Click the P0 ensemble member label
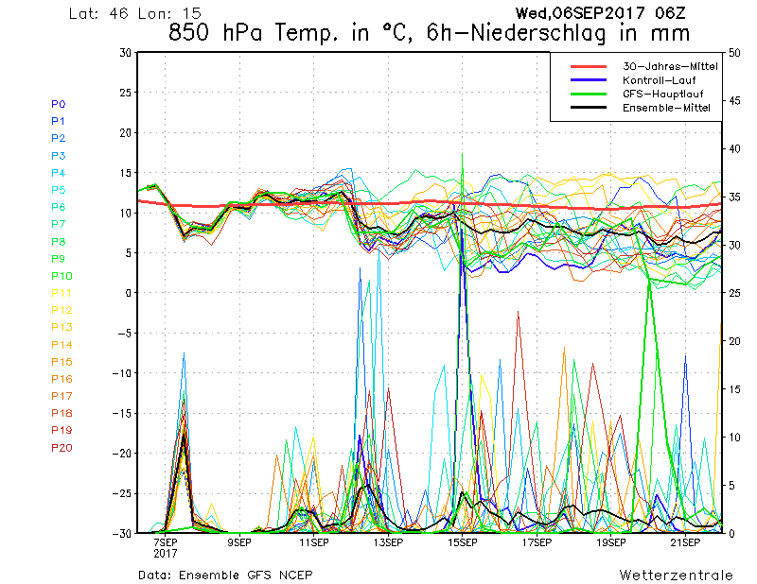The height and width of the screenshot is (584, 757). point(58,104)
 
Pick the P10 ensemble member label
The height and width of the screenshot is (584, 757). point(61,276)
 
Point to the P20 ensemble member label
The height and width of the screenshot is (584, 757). point(61,448)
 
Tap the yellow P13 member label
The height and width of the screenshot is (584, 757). point(61,327)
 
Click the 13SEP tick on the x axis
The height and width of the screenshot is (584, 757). point(386,543)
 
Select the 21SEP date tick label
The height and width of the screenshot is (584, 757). point(684,543)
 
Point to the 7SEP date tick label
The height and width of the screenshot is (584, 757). point(165,543)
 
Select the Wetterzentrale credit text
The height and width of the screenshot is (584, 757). point(676,575)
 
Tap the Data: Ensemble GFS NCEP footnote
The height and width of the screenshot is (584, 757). point(224,575)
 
